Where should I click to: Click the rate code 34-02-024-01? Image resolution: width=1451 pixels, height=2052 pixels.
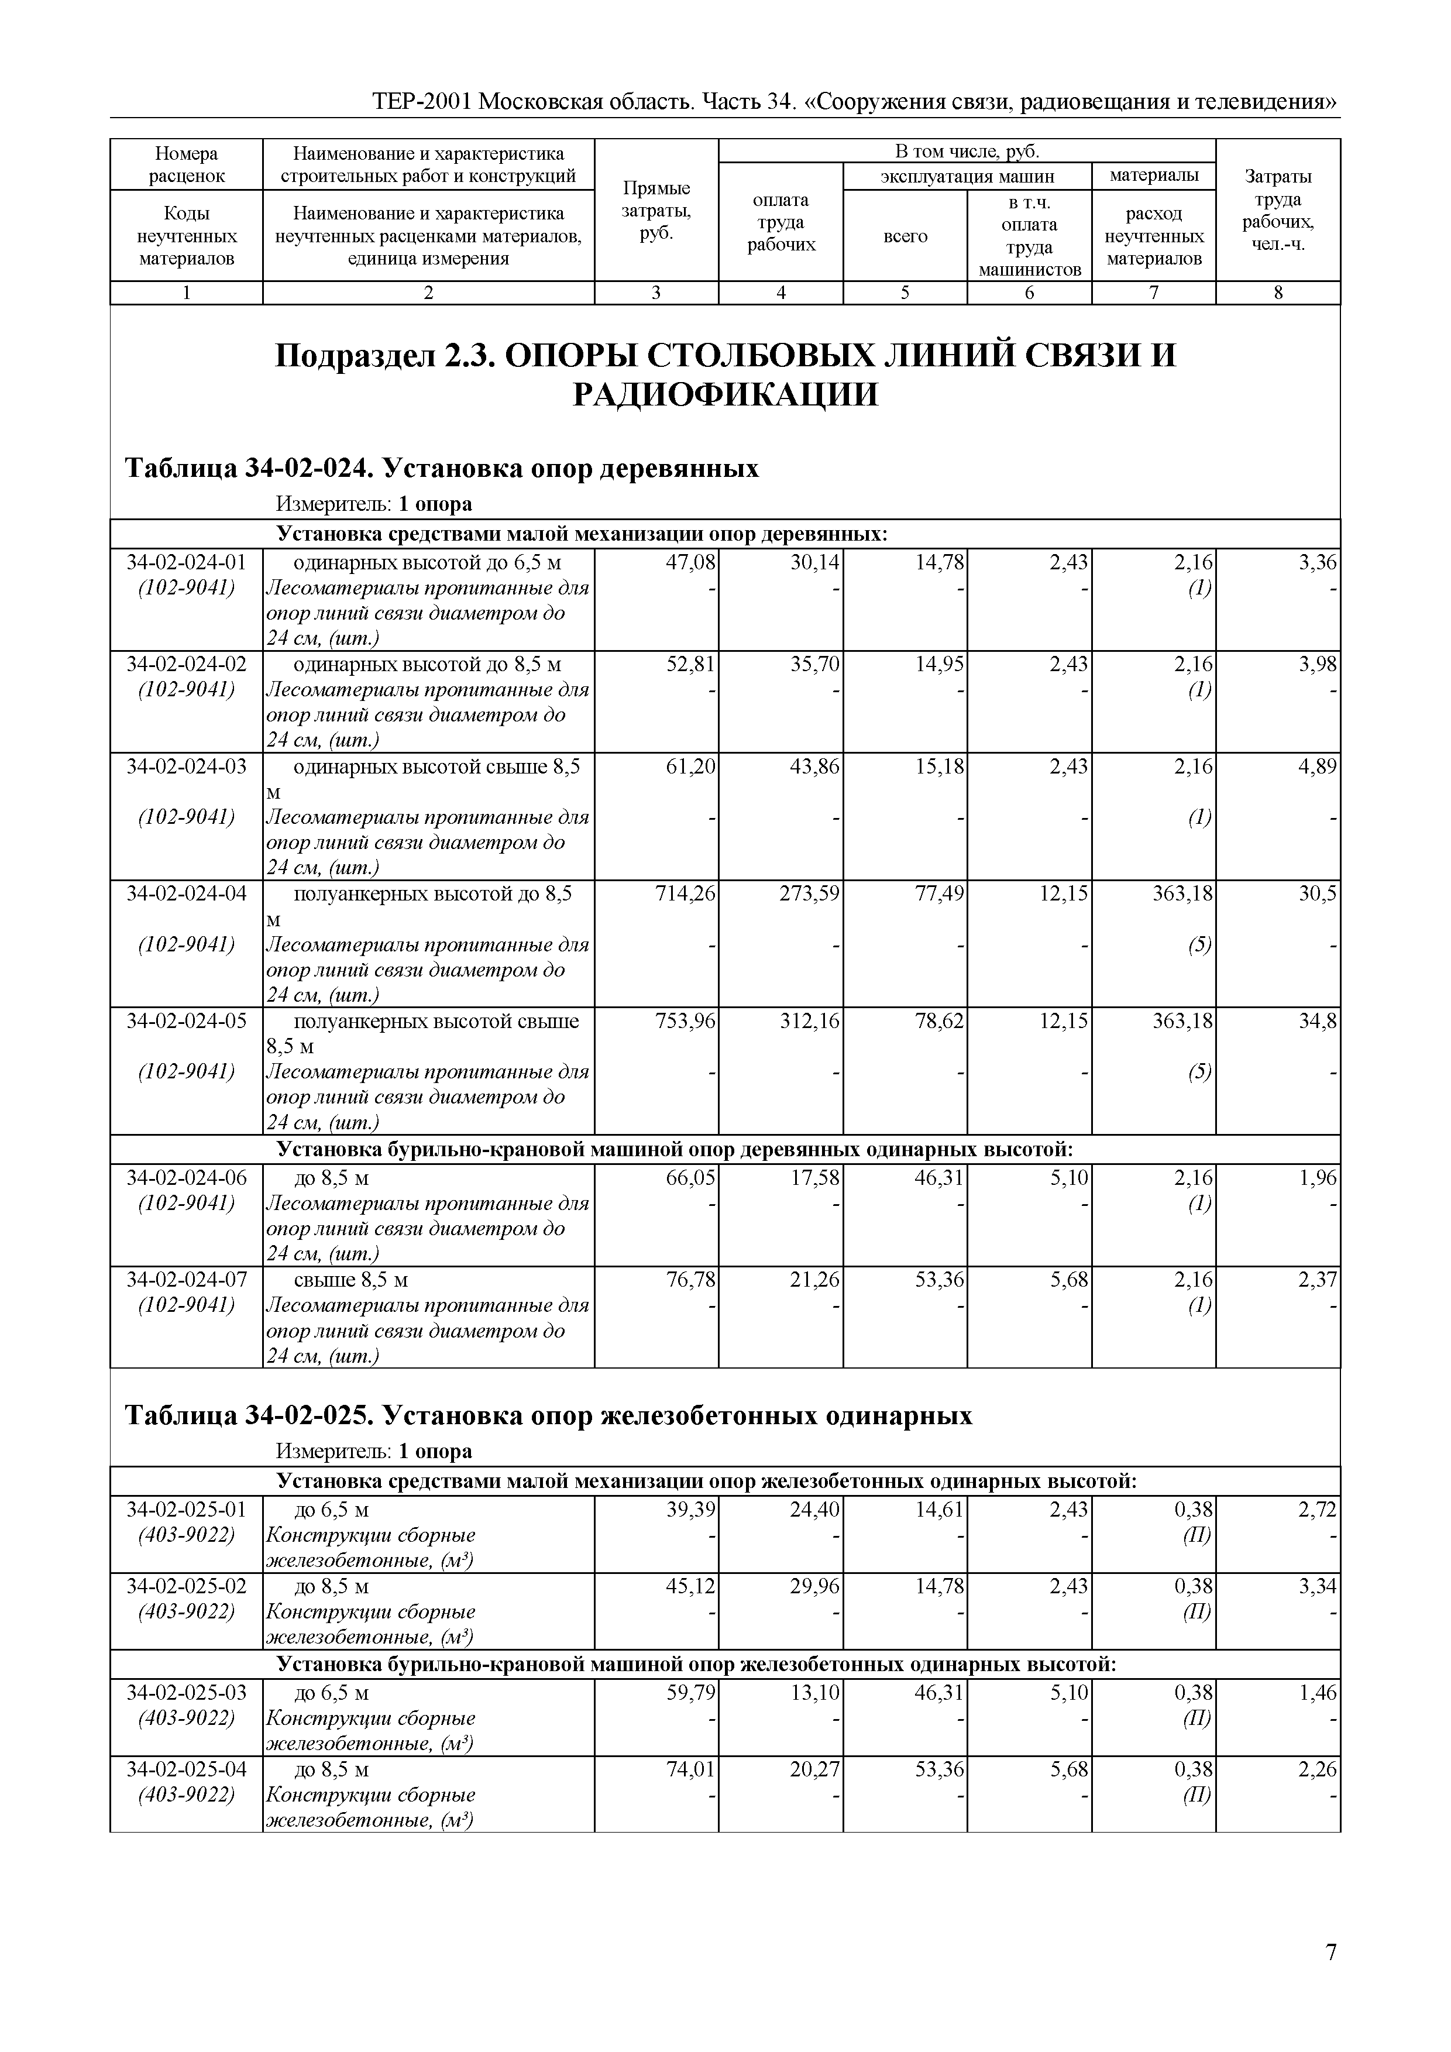pyautogui.click(x=186, y=562)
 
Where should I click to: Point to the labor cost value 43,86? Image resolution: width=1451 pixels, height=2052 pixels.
pyautogui.click(x=814, y=766)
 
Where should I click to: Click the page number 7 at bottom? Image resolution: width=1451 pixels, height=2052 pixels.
pyautogui.click(x=1330, y=1953)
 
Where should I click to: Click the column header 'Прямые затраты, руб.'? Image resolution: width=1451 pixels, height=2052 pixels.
pyautogui.click(x=656, y=211)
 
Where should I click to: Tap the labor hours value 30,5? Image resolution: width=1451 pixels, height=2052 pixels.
pyautogui.click(x=1318, y=893)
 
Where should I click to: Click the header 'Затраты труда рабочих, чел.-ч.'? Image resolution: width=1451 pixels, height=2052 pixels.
pyautogui.click(x=1278, y=211)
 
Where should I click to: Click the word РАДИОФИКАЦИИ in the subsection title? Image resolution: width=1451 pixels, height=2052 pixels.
pyautogui.click(x=724, y=394)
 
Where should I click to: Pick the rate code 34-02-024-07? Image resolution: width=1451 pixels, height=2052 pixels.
pyautogui.click(x=186, y=1280)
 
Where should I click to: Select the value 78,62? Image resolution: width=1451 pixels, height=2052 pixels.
pyautogui.click(x=938, y=1020)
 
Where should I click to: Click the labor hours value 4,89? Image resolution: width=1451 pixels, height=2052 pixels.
pyautogui.click(x=1318, y=766)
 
